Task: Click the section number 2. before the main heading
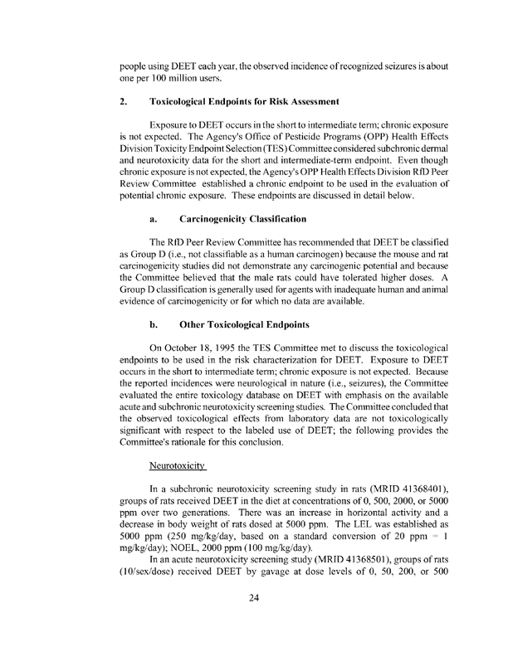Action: (123, 101)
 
